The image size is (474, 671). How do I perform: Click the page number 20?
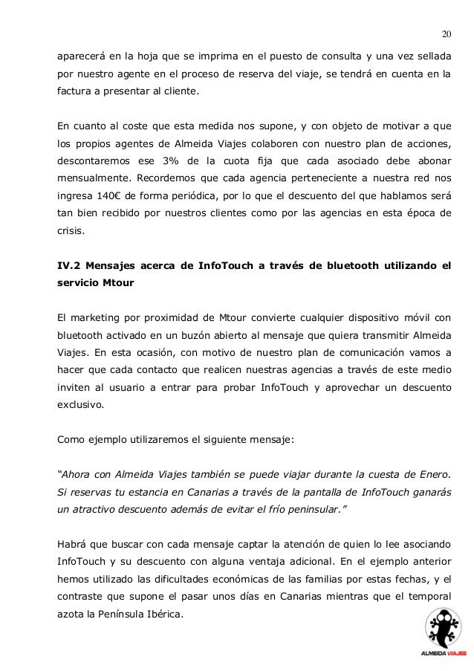click(x=447, y=33)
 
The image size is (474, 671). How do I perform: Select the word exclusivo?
click(x=81, y=406)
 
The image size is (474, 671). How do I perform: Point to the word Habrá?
click(x=74, y=543)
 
